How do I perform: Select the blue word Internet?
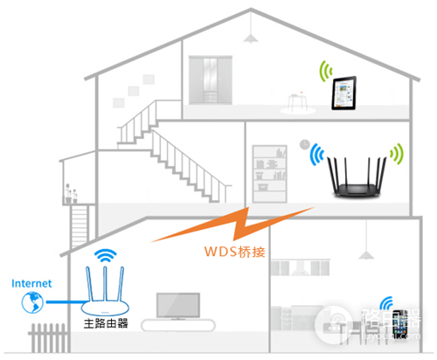point(31,283)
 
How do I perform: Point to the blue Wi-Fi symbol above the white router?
point(106,256)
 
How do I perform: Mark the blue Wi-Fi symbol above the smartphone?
point(385,302)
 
